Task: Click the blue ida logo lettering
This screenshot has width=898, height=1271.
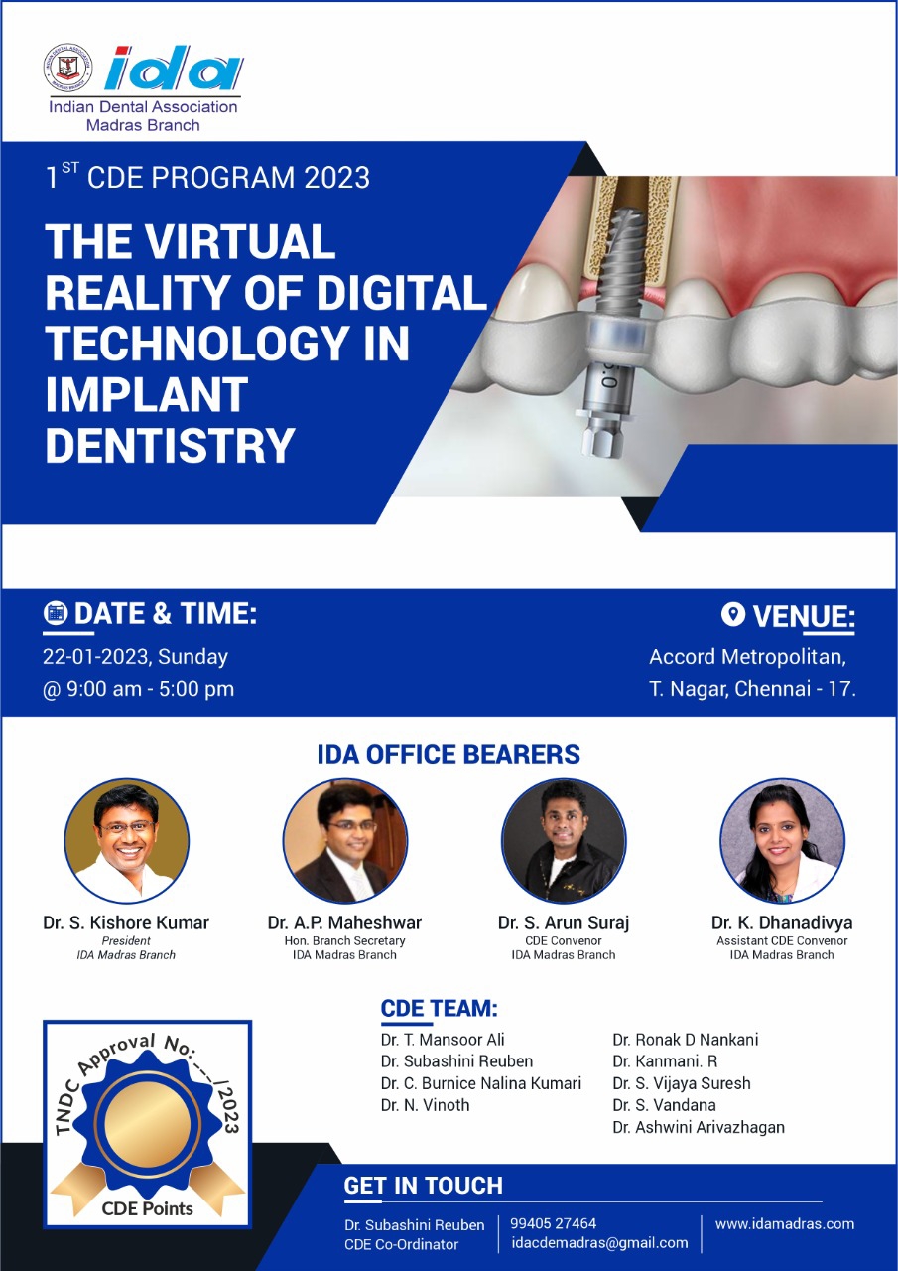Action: click(x=174, y=69)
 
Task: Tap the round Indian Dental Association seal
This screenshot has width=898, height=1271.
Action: click(x=68, y=68)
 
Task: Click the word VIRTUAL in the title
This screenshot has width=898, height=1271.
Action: click(x=240, y=241)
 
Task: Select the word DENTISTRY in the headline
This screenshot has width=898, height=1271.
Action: click(x=170, y=446)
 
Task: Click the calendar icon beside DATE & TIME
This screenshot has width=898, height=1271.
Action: click(x=55, y=613)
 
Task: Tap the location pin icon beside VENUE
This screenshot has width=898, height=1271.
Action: click(x=732, y=614)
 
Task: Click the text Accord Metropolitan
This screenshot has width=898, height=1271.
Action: click(x=747, y=657)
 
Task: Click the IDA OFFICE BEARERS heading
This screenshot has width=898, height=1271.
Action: click(x=449, y=754)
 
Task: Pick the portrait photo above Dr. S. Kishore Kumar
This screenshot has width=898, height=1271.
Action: click(x=126, y=841)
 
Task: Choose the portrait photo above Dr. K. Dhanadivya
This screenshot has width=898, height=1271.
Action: click(x=782, y=841)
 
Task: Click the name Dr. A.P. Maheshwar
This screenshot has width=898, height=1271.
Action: click(x=344, y=923)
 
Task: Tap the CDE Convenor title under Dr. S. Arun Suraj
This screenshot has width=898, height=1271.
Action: click(x=563, y=940)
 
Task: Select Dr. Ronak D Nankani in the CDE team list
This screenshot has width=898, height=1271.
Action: click(x=685, y=1040)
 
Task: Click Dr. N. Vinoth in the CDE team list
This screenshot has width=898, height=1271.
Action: click(x=426, y=1105)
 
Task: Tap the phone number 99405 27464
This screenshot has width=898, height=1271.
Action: click(x=553, y=1223)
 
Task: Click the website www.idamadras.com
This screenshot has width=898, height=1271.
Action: click(x=785, y=1224)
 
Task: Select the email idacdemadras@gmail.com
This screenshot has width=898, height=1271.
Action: click(x=599, y=1242)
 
